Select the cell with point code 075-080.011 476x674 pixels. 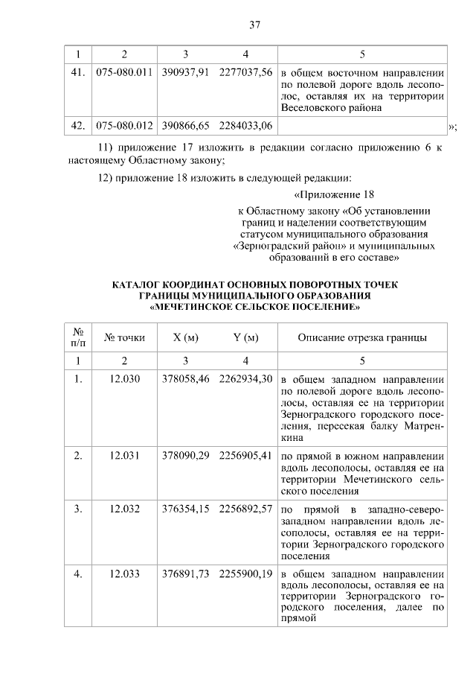124,72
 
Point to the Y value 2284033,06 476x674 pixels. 246,125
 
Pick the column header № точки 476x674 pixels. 124,337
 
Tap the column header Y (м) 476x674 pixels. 246,337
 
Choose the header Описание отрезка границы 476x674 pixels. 362,337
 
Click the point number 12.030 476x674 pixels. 124,378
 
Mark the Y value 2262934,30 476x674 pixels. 246,378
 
